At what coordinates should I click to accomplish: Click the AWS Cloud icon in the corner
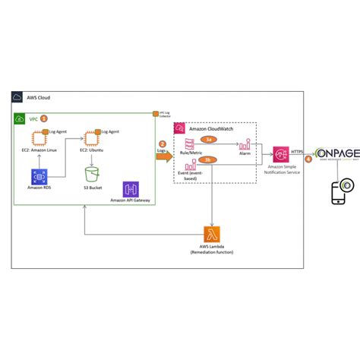[x=17, y=98]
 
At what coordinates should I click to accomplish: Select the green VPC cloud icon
[x=21, y=119]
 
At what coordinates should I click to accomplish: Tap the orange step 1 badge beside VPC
[x=43, y=118]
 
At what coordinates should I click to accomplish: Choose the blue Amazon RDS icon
[x=39, y=177]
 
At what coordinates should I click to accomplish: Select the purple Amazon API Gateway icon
[x=130, y=189]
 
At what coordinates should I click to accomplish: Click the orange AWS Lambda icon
[x=211, y=234]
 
